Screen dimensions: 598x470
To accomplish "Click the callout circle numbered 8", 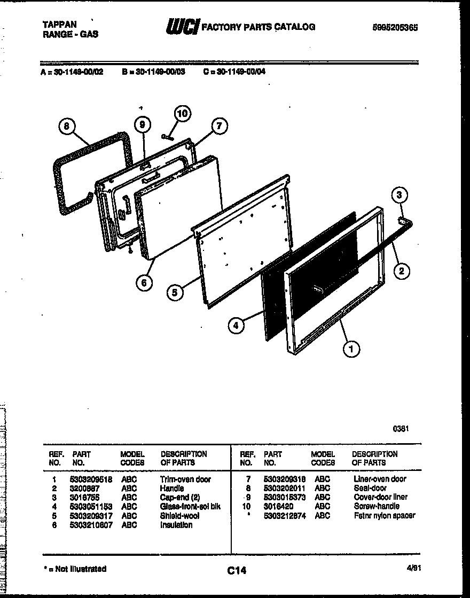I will (66, 127).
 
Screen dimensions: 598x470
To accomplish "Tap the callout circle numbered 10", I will (182, 114).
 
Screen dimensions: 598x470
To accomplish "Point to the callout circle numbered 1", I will (350, 350).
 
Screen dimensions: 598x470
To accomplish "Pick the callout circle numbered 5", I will (174, 292).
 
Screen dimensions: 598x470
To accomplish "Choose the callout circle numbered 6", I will (144, 282).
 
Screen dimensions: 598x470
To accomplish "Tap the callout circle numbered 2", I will (401, 271).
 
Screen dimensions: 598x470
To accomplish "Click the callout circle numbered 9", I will (142, 125).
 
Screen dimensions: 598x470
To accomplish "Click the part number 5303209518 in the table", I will (91, 479).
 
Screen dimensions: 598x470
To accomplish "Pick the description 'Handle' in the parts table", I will (172, 489).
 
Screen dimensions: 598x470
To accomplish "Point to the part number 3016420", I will (278, 506).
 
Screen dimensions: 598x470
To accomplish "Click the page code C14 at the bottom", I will (236, 571).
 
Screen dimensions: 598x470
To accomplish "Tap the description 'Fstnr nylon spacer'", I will (384, 516).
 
